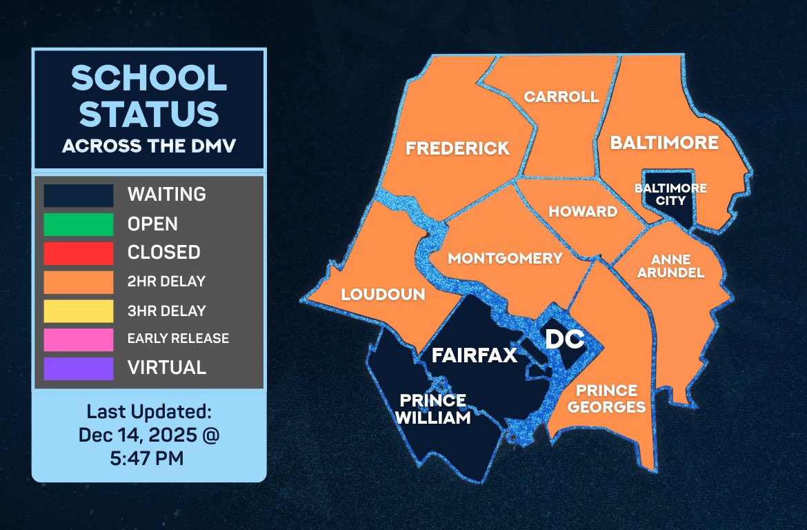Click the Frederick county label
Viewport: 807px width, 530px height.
[457, 148]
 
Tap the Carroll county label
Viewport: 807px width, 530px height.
[561, 97]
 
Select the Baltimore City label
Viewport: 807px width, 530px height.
[661, 194]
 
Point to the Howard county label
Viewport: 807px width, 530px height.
[583, 211]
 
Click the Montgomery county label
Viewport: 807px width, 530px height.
[506, 259]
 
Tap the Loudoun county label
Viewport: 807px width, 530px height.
[383, 295]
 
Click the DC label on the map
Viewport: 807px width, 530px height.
[565, 339]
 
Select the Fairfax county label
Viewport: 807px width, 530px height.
[474, 356]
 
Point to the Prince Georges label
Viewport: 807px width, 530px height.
[607, 399]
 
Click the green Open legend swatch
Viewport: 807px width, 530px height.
[78, 224]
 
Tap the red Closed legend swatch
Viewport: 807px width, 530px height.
[78, 253]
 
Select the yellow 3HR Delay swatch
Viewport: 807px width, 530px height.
[78, 311]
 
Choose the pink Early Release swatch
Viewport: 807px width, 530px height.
[78, 339]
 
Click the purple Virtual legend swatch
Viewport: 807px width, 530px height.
[78, 368]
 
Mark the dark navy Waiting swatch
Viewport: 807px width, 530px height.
[78, 195]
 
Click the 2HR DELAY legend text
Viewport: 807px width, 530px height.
[166, 282]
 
